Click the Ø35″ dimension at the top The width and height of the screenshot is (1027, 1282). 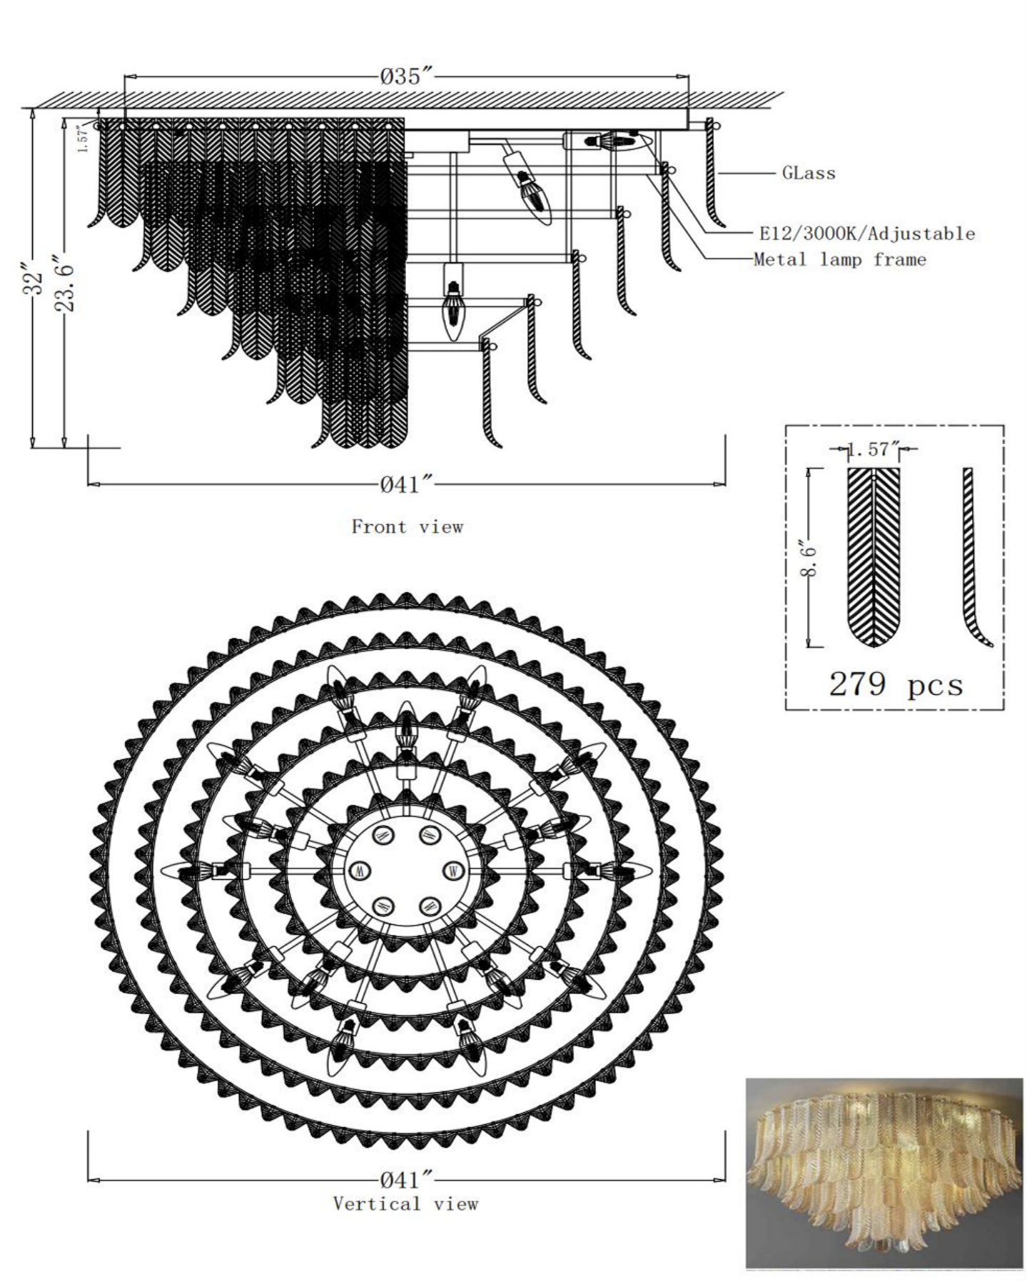pyautogui.click(x=407, y=76)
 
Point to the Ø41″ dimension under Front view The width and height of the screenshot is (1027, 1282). pyautogui.click(x=407, y=485)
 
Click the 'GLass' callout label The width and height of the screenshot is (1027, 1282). pyautogui.click(x=809, y=173)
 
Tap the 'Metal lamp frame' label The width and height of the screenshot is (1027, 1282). pyautogui.click(x=840, y=260)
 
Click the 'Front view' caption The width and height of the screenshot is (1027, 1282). pyautogui.click(x=407, y=527)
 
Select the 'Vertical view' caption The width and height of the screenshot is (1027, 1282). pyautogui.click(x=405, y=1203)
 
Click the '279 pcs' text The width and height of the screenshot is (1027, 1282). pyautogui.click(x=895, y=684)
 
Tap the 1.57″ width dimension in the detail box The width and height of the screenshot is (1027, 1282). pyautogui.click(x=873, y=449)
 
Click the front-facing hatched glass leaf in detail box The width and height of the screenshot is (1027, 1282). pyautogui.click(x=874, y=557)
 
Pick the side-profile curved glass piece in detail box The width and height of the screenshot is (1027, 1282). pyautogui.click(x=972, y=557)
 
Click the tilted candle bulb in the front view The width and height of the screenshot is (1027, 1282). pyautogui.click(x=529, y=184)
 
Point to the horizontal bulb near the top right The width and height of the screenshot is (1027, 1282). pyautogui.click(x=609, y=141)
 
